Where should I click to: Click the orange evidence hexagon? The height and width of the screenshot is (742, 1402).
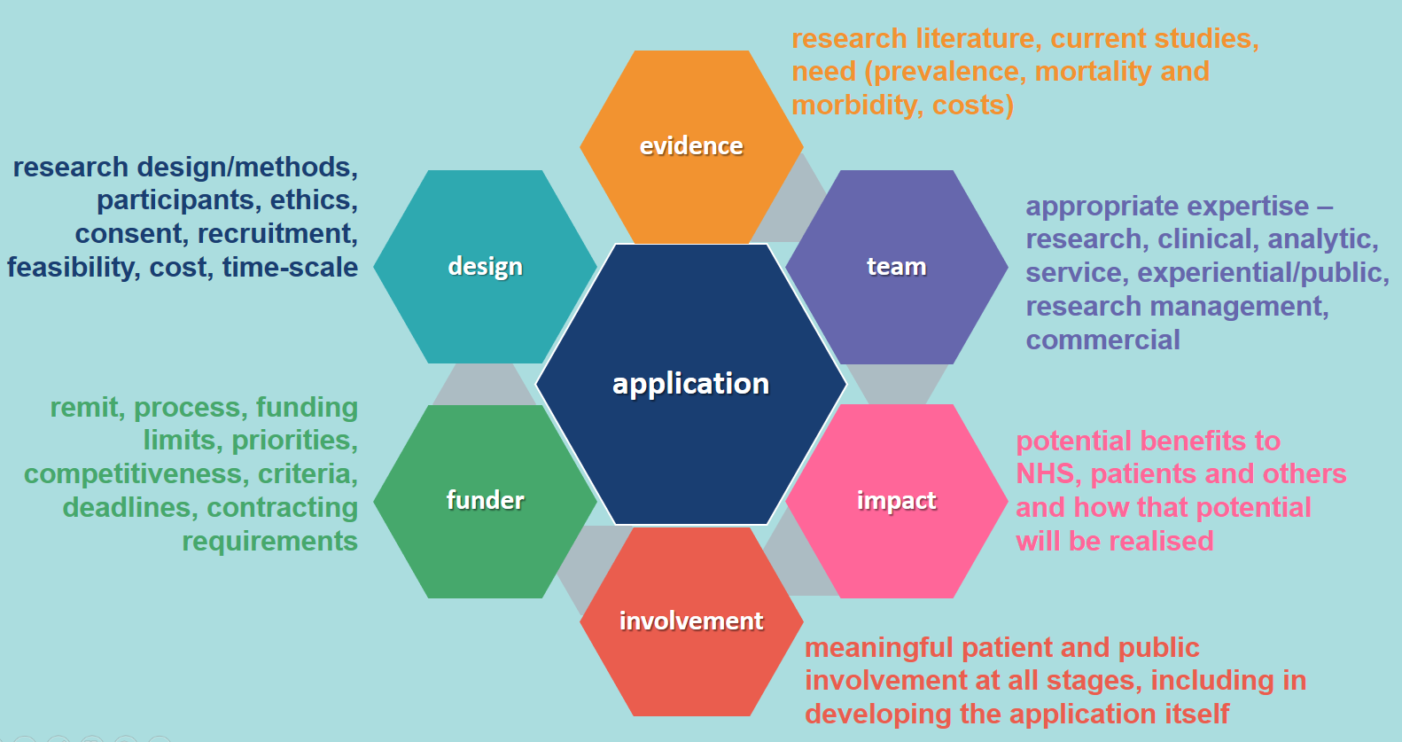click(x=691, y=146)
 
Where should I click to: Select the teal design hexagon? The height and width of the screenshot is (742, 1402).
click(x=485, y=267)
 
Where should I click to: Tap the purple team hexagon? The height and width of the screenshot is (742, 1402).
click(x=896, y=267)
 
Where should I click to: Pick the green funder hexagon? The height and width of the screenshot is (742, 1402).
click(x=485, y=501)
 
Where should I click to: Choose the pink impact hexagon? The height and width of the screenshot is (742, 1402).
click(x=896, y=501)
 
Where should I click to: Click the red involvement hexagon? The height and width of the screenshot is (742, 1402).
click(x=691, y=621)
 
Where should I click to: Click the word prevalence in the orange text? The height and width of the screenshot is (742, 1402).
click(x=949, y=72)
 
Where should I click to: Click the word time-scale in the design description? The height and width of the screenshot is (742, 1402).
click(x=290, y=268)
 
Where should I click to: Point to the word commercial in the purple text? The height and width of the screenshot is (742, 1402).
click(x=1102, y=340)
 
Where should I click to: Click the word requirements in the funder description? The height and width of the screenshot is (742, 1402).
click(x=269, y=542)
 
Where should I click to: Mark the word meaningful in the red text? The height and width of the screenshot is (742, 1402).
click(x=879, y=648)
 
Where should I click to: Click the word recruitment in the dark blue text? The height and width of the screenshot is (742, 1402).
click(x=278, y=234)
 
